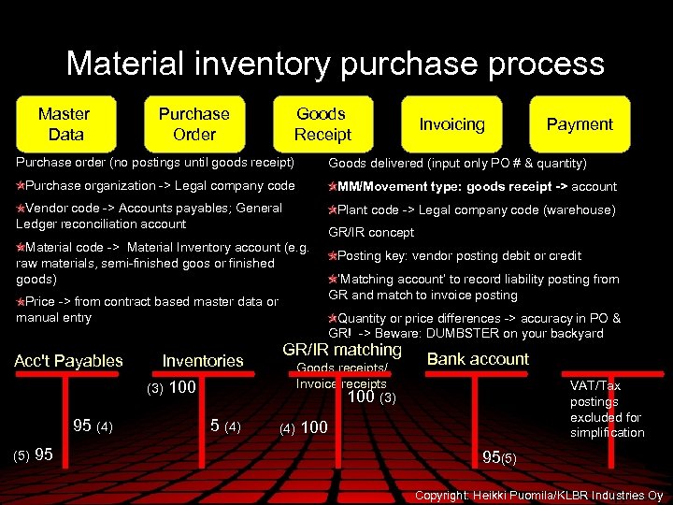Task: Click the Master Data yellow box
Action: point(64,123)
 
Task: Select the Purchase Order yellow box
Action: point(193,123)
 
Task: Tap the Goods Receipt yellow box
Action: point(322,123)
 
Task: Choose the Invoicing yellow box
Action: point(451,124)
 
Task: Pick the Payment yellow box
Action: point(580,124)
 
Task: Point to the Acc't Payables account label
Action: point(68,361)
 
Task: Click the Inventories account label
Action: point(203,361)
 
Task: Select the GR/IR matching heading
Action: point(341,350)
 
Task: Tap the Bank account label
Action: point(478,359)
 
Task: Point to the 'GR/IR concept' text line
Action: point(371,232)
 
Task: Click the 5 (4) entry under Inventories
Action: point(225,426)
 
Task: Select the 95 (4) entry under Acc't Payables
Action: point(93,426)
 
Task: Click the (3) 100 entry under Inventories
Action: point(169,387)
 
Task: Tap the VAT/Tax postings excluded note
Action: point(606,409)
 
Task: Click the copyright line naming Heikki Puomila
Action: point(538,495)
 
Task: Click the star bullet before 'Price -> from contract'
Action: point(21,302)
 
